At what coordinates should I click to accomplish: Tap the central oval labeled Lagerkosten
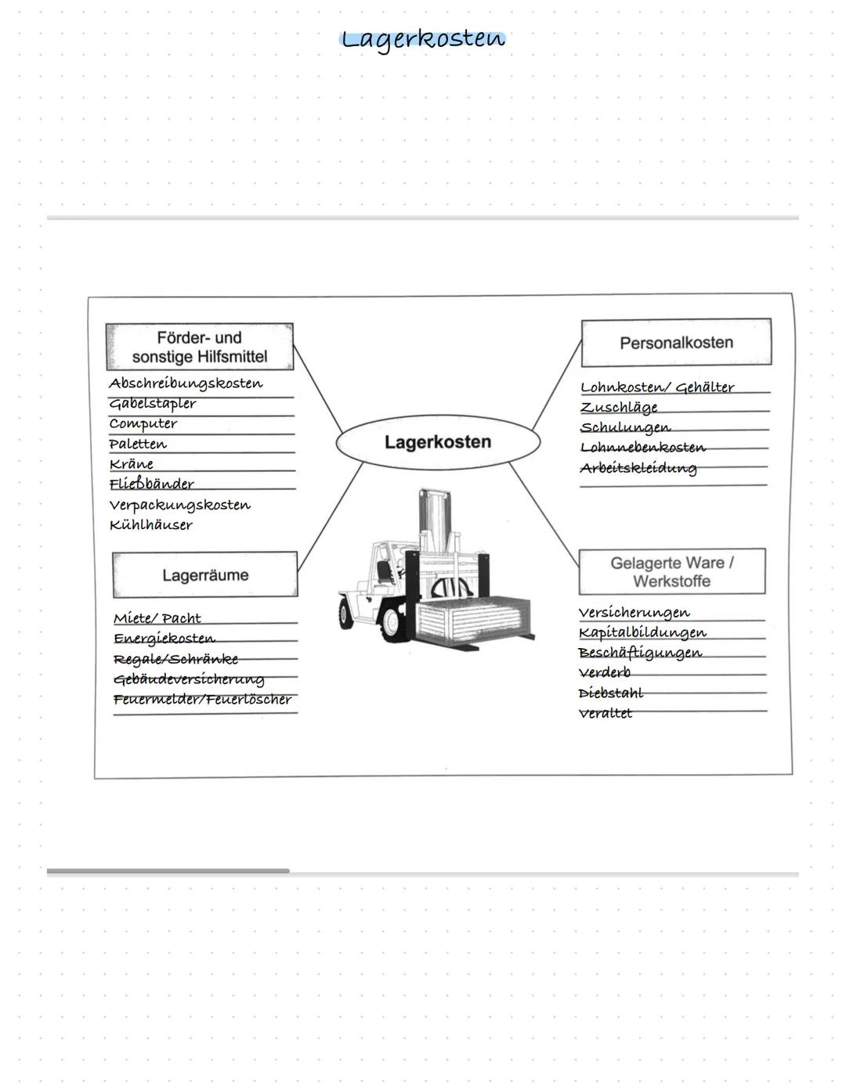tap(438, 442)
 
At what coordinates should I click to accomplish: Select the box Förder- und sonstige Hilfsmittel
tap(200, 347)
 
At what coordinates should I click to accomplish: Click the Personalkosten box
tap(676, 343)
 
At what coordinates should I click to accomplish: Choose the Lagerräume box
tap(205, 575)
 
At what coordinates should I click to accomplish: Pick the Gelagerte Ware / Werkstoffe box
tap(672, 572)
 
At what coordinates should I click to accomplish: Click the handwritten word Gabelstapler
tap(152, 404)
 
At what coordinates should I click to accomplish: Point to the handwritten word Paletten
tap(138, 444)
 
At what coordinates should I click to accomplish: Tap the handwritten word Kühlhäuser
tap(150, 524)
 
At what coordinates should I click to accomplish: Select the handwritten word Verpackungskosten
tap(179, 505)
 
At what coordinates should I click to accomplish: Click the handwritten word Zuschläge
tap(619, 408)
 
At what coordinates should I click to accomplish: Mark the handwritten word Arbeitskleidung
tap(638, 469)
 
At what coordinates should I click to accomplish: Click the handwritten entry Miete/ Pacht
tap(157, 618)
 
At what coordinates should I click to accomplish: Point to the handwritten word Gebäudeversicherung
tap(189, 680)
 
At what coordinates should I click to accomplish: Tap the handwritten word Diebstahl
tap(610, 693)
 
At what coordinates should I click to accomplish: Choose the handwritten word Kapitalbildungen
tap(642, 633)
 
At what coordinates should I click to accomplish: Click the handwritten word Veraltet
tap(606, 714)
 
